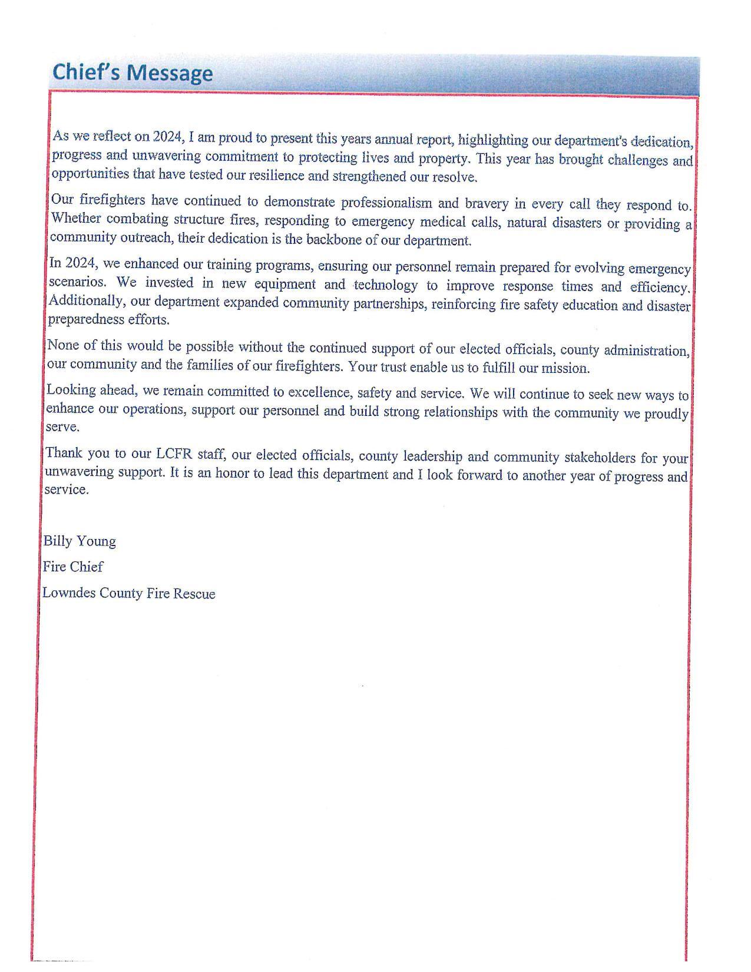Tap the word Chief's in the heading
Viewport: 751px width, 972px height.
click(x=86, y=72)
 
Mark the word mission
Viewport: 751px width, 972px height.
click(x=569, y=369)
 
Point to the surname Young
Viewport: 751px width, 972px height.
click(x=97, y=542)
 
